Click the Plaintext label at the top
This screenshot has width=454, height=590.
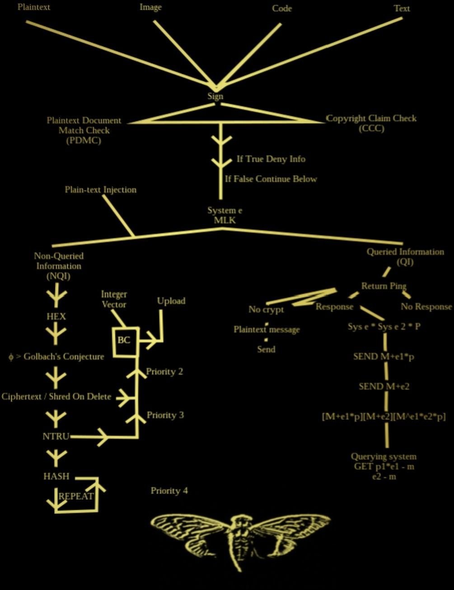click(34, 7)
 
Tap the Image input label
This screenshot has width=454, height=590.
click(150, 7)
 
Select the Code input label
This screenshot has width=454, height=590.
click(282, 9)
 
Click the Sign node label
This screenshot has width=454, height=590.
click(215, 96)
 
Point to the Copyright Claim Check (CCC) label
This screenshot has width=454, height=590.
click(371, 123)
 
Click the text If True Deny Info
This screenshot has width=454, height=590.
click(271, 159)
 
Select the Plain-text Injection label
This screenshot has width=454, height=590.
click(101, 190)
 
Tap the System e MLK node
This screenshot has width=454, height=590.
click(225, 215)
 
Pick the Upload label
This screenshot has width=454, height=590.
click(171, 301)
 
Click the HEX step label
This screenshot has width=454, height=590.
click(56, 316)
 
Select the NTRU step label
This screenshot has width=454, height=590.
click(56, 437)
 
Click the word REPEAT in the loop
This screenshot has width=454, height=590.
click(76, 496)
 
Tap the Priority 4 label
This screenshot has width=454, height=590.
click(169, 491)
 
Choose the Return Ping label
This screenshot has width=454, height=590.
click(384, 286)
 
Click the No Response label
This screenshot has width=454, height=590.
click(426, 307)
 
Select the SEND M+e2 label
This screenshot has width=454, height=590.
click(384, 386)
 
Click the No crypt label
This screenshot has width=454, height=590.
click(266, 310)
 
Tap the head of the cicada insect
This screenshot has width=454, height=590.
click(240, 521)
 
